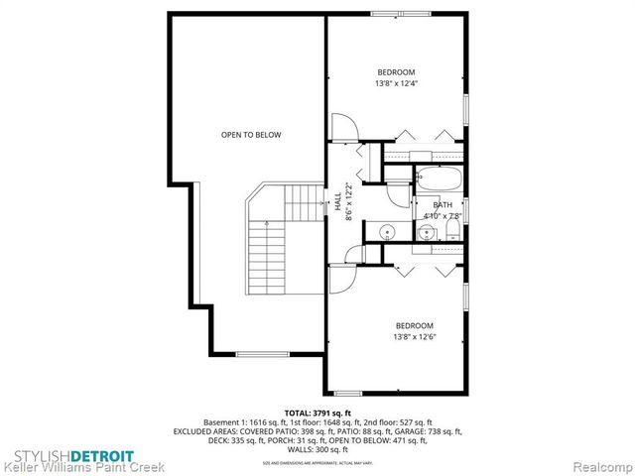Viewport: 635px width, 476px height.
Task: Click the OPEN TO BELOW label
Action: point(251,135)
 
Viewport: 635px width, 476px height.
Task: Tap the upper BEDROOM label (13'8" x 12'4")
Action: point(396,77)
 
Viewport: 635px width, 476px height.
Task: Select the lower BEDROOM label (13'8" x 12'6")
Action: point(415,331)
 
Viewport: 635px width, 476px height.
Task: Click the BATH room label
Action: point(442,204)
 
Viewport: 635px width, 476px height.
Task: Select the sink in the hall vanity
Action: point(386,233)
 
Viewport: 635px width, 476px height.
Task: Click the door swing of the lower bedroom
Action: point(341,279)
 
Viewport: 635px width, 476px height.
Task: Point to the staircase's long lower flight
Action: point(262,257)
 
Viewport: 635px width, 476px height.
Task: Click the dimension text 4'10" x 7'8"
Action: point(443,215)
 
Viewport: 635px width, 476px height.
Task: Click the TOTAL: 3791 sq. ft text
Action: point(317,412)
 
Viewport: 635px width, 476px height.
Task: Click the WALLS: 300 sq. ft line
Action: point(317,448)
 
